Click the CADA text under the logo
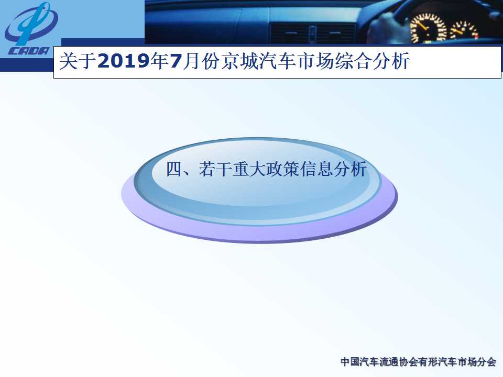click(28, 51)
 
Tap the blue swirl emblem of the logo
click(31, 24)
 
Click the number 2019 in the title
click(124, 61)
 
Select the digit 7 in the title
click(176, 61)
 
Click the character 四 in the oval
click(173, 169)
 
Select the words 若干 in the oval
click(215, 169)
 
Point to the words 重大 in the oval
click(248, 169)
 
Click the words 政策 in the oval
click(282, 169)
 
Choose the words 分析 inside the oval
click(350, 169)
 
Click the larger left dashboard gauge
click(428, 28)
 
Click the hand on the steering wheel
click(385, 26)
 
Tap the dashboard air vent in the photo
click(313, 33)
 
